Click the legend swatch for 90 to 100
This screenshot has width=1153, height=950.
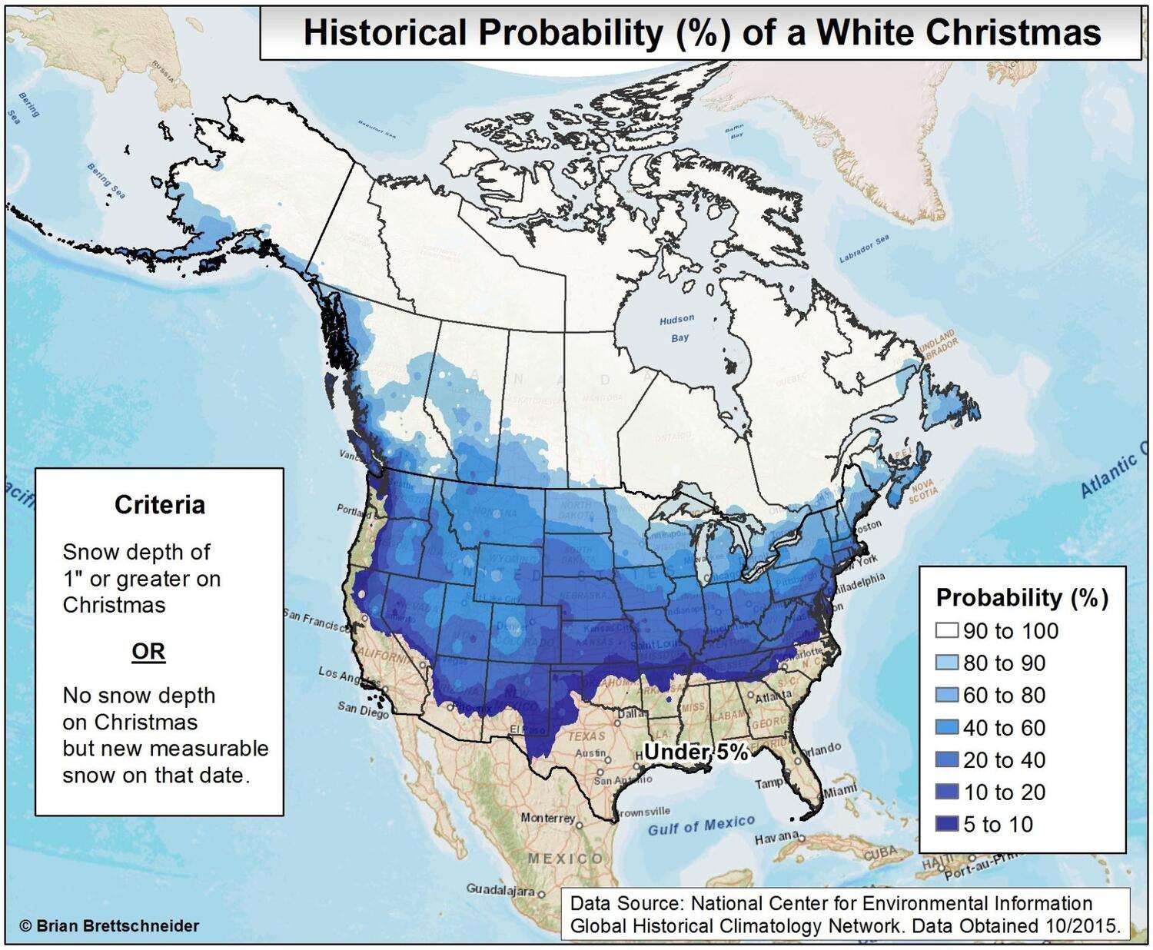[x=947, y=631]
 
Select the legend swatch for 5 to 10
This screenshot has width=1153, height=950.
[x=947, y=825]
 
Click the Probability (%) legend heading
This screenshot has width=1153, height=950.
[x=1022, y=597]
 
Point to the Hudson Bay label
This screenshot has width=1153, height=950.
[x=677, y=328]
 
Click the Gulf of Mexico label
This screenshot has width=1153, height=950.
[x=701, y=825]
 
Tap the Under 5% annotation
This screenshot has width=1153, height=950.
[x=696, y=752]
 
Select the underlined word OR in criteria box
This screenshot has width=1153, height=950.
[x=148, y=652]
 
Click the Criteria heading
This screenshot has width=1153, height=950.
[x=160, y=505]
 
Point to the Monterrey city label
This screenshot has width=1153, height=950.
[x=547, y=818]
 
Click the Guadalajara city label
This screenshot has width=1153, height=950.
[x=500, y=889]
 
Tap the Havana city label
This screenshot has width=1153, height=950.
[x=776, y=839]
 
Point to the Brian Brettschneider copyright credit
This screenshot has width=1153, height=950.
[x=109, y=926]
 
